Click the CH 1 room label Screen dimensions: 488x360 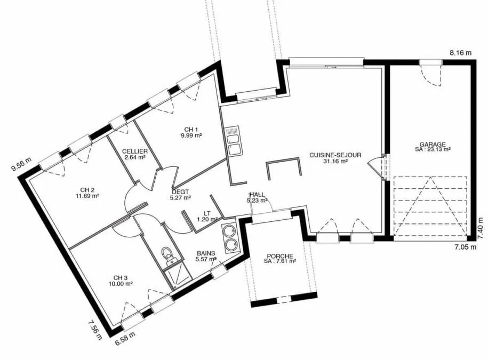(191, 130)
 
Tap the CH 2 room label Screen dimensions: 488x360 (87, 190)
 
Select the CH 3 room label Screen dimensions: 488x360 (120, 278)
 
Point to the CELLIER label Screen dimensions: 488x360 (135, 151)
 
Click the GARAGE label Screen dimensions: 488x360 (433, 145)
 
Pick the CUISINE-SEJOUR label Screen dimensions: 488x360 (335, 155)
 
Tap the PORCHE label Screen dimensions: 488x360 (280, 256)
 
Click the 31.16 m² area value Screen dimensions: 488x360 (335, 161)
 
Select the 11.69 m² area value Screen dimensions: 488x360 (87, 196)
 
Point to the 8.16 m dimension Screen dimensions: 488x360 (461, 53)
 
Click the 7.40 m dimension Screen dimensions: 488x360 (481, 228)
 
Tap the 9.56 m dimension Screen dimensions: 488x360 (21, 165)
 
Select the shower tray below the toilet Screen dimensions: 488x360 (176, 276)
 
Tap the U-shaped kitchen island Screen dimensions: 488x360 (284, 160)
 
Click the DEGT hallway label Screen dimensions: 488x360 (180, 192)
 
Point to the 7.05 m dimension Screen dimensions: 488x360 (465, 247)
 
